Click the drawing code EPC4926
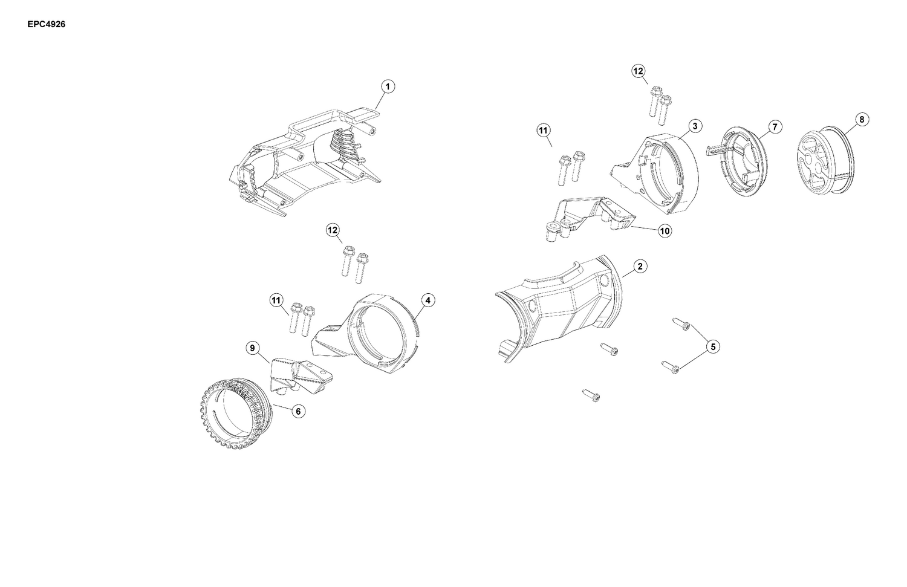[46, 24]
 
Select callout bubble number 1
[388, 86]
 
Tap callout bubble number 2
[640, 267]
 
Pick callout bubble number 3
[695, 126]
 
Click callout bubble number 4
[428, 300]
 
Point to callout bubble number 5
[713, 346]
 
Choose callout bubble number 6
[299, 411]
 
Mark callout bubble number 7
[775, 127]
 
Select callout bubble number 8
[862, 120]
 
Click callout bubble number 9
[252, 348]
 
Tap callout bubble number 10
[665, 231]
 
